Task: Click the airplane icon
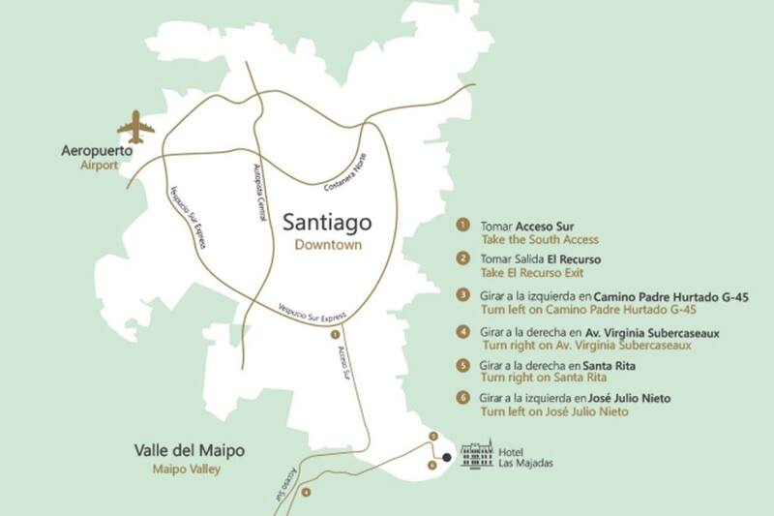[135, 127]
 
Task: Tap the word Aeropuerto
[97, 152]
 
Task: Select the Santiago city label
[329, 222]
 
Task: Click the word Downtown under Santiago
[329, 245]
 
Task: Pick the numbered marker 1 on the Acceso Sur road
[334, 334]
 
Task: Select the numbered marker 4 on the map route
[307, 493]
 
